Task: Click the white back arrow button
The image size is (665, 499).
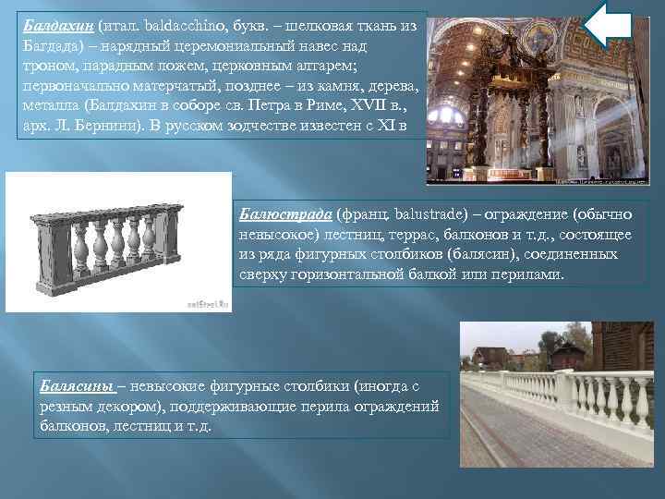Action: (x=611, y=24)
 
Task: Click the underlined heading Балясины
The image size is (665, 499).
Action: (x=77, y=385)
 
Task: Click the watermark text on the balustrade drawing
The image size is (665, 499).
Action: (x=206, y=300)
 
